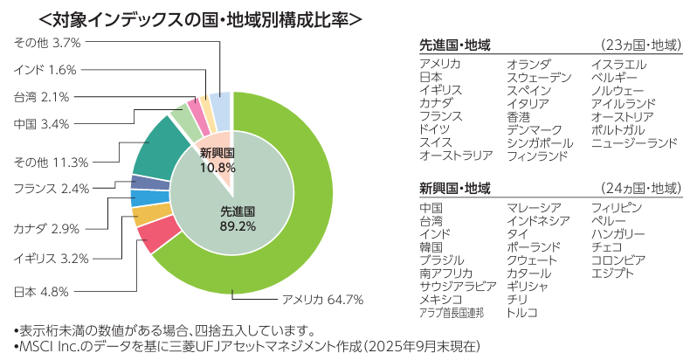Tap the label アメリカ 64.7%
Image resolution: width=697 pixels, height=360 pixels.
[x=321, y=301]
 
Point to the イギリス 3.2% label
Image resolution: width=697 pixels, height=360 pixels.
[x=52, y=259]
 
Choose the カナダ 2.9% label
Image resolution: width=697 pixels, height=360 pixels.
[x=46, y=228]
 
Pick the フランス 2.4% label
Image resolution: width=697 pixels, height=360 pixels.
[x=52, y=188]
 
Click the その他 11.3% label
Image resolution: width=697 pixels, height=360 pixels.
[x=52, y=162]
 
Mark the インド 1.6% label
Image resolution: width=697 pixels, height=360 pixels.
[x=45, y=69]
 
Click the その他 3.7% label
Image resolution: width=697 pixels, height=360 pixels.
[x=47, y=42]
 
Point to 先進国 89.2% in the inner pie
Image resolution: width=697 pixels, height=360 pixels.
[x=237, y=218]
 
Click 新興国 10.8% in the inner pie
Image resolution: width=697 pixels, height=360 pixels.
[x=217, y=161]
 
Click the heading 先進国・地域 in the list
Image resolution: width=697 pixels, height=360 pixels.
[x=455, y=44]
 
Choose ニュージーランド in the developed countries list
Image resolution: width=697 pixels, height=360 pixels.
[x=633, y=142]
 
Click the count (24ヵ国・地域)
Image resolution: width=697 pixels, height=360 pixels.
[x=641, y=189]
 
